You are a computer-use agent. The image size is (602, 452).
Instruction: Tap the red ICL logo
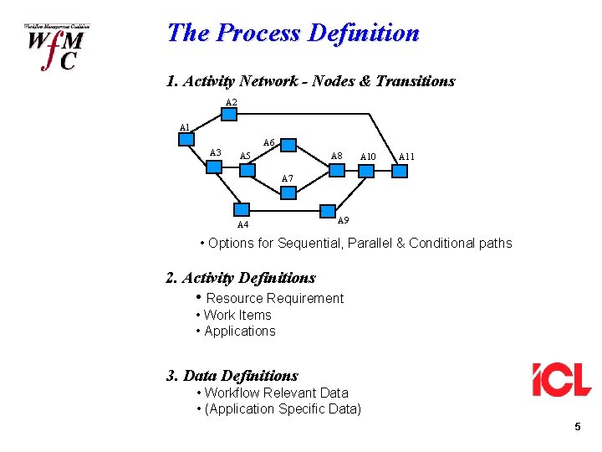pos(561,379)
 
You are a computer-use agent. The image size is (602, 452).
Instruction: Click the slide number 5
pos(577,428)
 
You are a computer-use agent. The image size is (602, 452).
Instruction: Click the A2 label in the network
pos(232,103)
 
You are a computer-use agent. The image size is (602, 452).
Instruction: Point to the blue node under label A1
pos(186,139)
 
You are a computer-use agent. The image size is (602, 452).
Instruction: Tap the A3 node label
pos(215,152)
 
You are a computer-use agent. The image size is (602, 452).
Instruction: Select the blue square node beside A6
pos(288,146)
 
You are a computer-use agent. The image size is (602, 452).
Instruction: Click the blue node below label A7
pos(288,193)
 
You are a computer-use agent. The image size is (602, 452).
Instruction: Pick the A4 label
pos(242,224)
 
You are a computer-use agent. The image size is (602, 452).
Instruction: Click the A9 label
pos(343,220)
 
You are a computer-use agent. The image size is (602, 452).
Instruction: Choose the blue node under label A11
pos(400,171)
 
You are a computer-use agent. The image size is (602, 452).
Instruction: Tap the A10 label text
pos(368,156)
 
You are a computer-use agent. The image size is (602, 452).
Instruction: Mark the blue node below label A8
pos(336,170)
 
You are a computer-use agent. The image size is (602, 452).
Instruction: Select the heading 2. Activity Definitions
pos(241,278)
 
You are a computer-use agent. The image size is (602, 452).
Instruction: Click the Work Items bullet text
pos(237,315)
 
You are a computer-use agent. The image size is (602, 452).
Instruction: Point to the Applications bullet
pos(239,331)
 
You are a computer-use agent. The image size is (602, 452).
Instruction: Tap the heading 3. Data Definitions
pos(232,376)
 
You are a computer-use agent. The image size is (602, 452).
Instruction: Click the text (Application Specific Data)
pos(283,408)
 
